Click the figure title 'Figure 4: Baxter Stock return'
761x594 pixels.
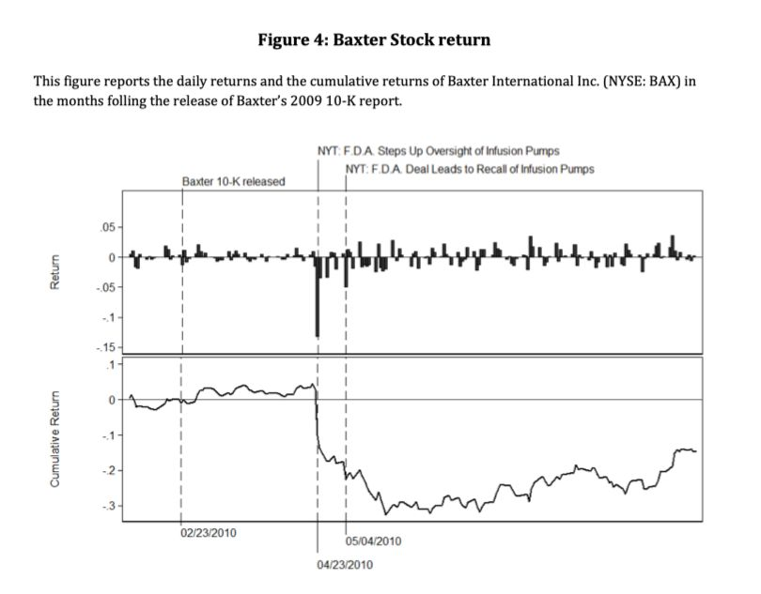tap(374, 39)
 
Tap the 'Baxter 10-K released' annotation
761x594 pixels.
tap(233, 181)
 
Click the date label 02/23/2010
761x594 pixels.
tap(209, 533)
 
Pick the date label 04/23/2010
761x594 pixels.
tap(345, 565)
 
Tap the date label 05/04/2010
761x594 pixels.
tap(373, 541)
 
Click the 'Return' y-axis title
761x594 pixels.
tap(55, 272)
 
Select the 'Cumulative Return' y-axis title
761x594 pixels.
tap(55, 439)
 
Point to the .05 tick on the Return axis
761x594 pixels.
tap(107, 227)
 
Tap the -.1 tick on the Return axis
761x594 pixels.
tap(108, 317)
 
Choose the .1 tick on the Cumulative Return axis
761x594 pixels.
tap(111, 364)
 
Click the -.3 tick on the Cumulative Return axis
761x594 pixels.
tap(108, 506)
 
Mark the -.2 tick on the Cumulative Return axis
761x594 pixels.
tap(108, 470)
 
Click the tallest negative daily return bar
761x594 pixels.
tap(318, 297)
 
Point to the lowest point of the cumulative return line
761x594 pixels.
tap(385, 514)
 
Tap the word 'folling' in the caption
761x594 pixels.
tap(125, 101)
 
